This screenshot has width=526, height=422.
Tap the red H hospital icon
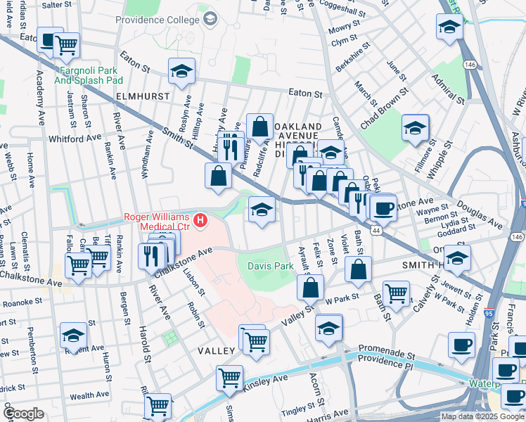click(x=201, y=222)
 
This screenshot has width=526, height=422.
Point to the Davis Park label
click(x=271, y=266)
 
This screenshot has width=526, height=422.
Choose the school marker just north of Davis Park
click(x=262, y=209)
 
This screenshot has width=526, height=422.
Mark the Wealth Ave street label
click(x=89, y=396)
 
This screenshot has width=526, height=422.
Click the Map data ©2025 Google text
click(x=482, y=416)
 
